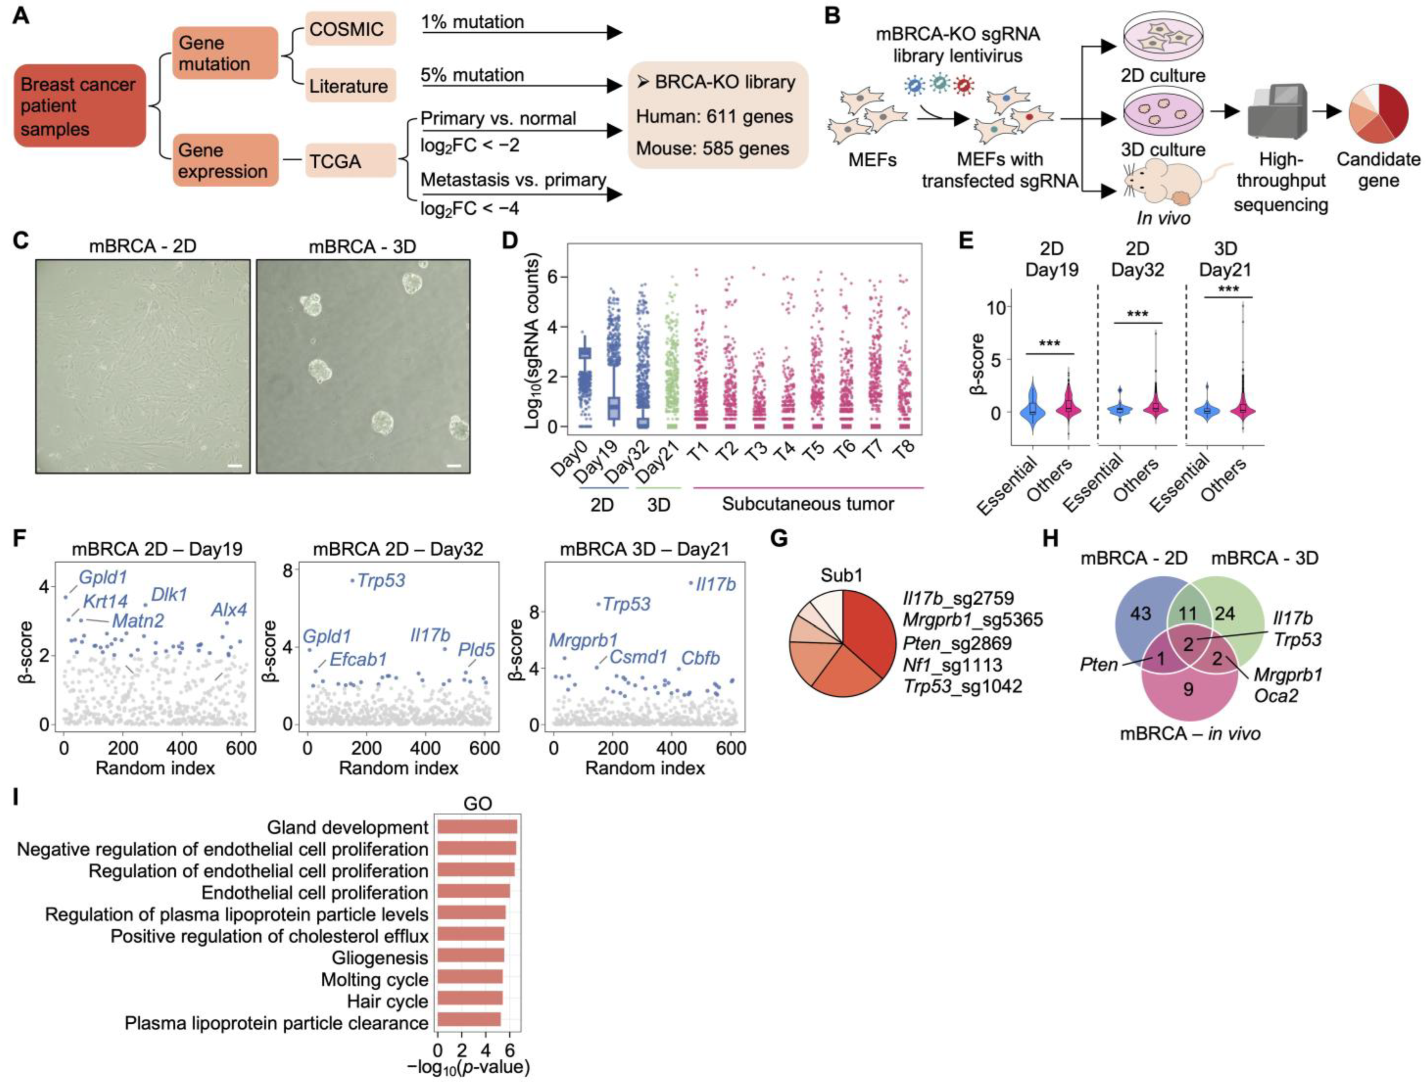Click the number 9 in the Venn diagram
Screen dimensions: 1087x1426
1188,690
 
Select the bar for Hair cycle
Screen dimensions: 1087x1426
470,1001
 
